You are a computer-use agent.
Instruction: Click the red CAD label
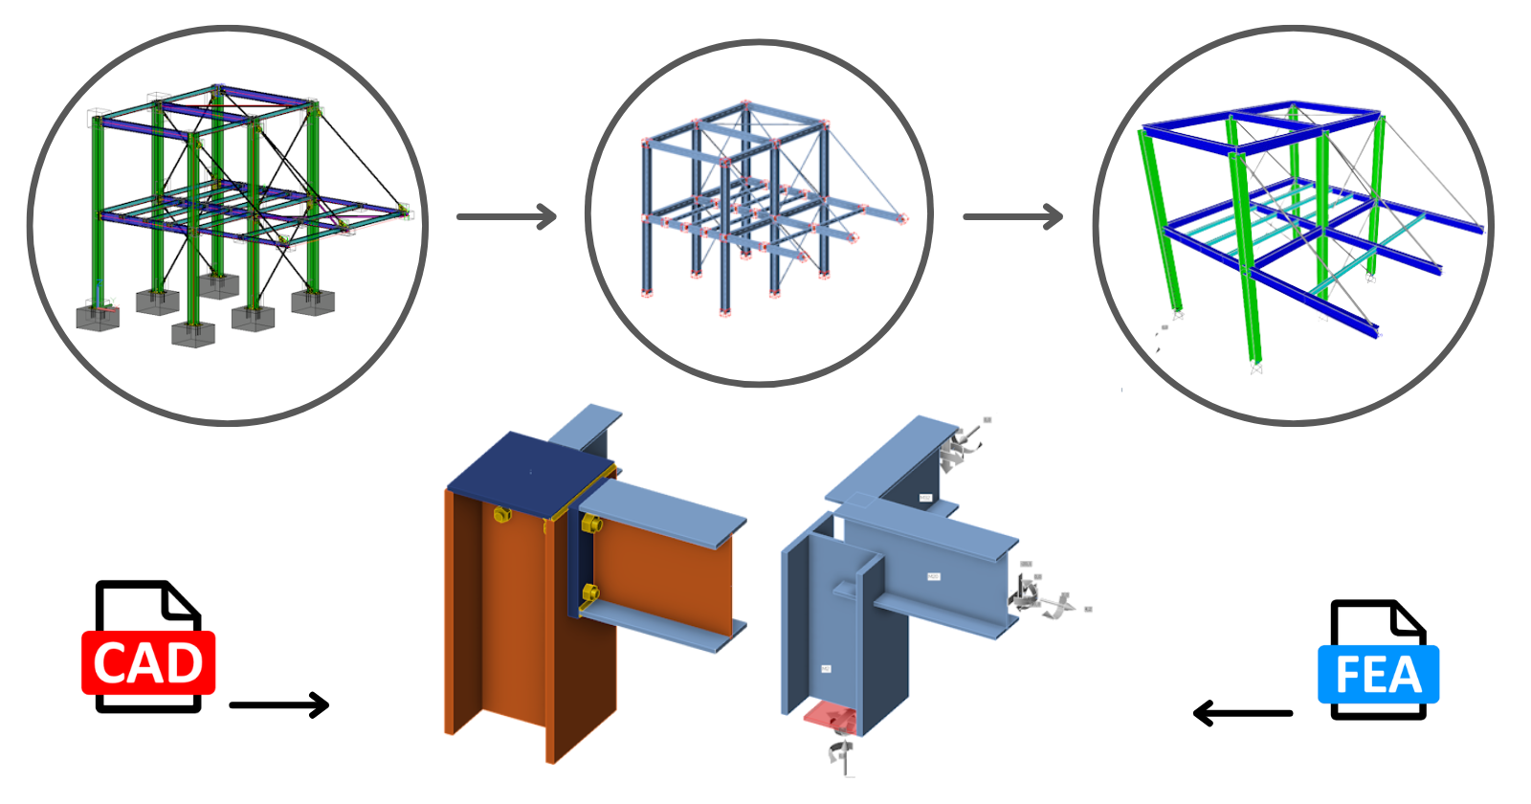pyautogui.click(x=148, y=662)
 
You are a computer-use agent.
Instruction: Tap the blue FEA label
pyautogui.click(x=1378, y=675)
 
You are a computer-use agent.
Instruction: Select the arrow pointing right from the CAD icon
pyautogui.click(x=279, y=705)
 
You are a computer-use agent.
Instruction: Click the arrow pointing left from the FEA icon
pyautogui.click(x=1242, y=713)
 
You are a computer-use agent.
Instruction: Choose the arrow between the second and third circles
pyautogui.click(x=1013, y=216)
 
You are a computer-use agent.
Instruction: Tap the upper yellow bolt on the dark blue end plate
pyautogui.click(x=590, y=525)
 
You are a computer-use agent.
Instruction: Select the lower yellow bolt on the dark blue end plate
pyautogui.click(x=589, y=592)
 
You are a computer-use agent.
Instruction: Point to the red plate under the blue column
pyautogui.click(x=829, y=715)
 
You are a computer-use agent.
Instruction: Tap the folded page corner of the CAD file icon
pyautogui.click(x=183, y=602)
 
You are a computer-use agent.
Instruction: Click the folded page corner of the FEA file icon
pyautogui.click(x=1409, y=620)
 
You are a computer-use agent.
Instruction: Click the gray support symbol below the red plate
pyautogui.click(x=839, y=753)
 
